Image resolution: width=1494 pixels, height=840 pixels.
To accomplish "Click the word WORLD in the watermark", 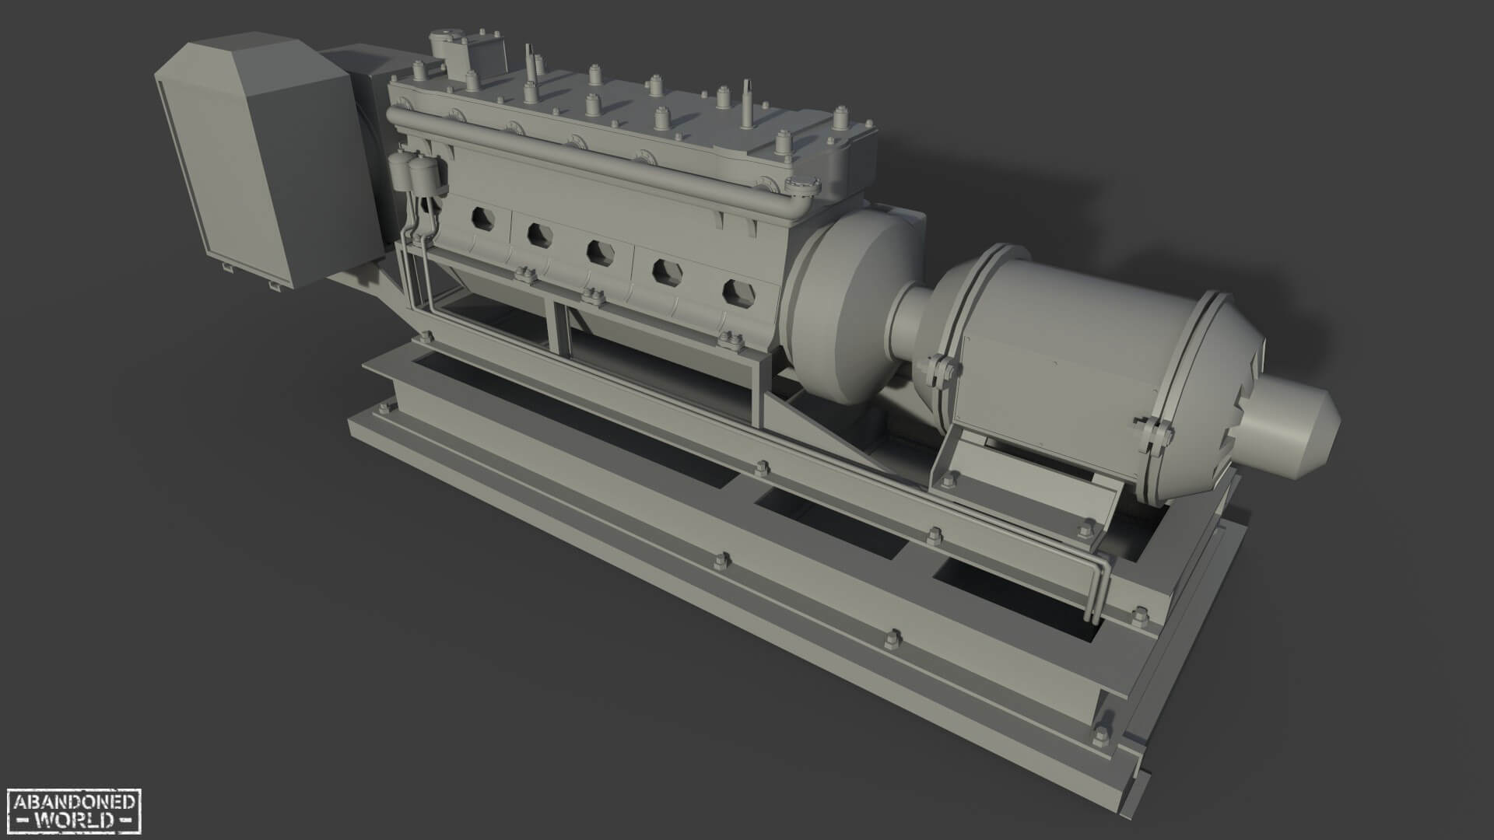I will (x=74, y=821).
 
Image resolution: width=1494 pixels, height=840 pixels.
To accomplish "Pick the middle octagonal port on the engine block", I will (x=598, y=251).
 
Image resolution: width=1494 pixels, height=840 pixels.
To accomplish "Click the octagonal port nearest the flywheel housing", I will (x=735, y=292).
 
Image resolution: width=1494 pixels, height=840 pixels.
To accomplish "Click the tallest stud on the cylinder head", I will (x=748, y=105).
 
